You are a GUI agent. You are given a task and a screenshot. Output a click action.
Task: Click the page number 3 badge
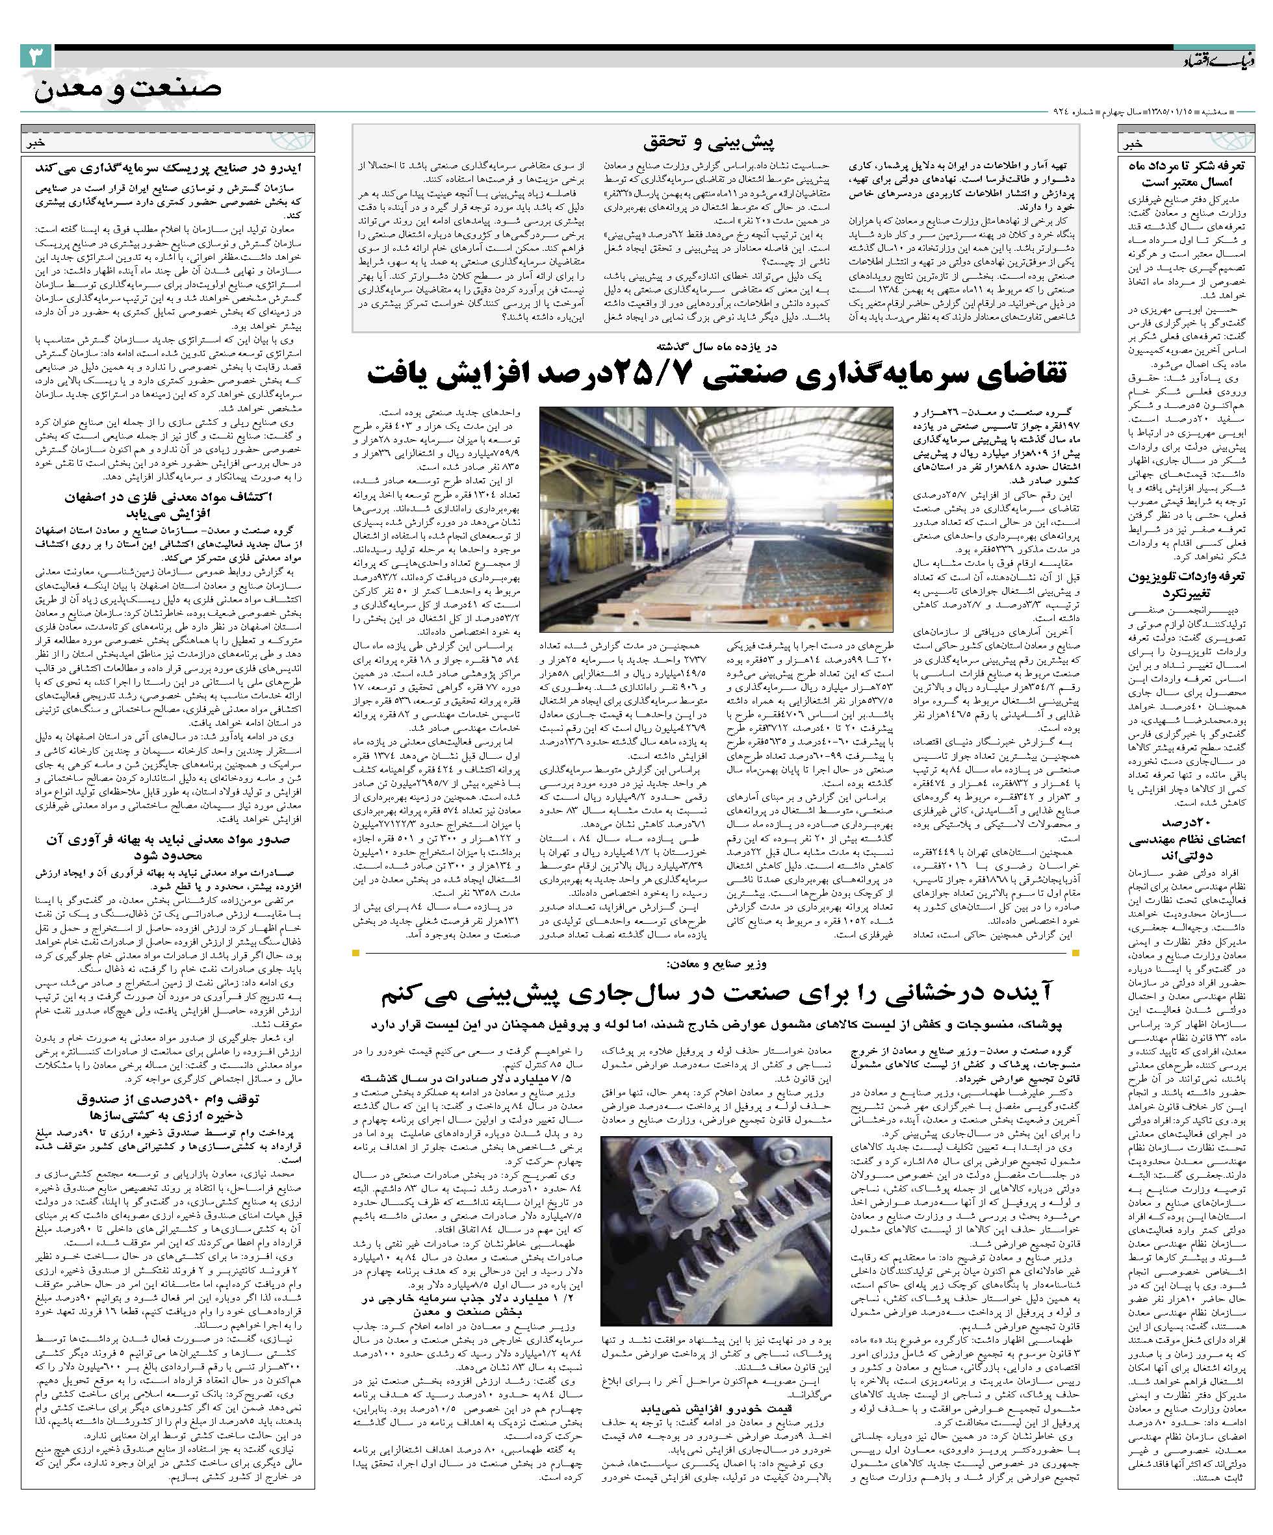click(x=36, y=57)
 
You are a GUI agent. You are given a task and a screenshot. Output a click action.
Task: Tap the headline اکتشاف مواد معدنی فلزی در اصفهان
click(x=168, y=506)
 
